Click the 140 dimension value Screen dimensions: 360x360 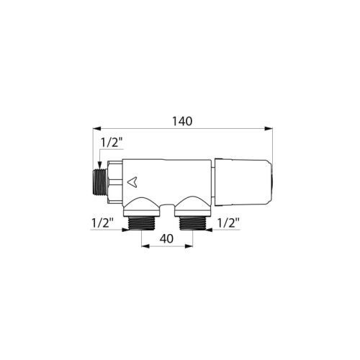click(x=183, y=122)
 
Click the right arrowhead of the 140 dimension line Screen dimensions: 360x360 click(x=271, y=130)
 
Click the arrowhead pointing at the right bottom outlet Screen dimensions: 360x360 click(x=209, y=230)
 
